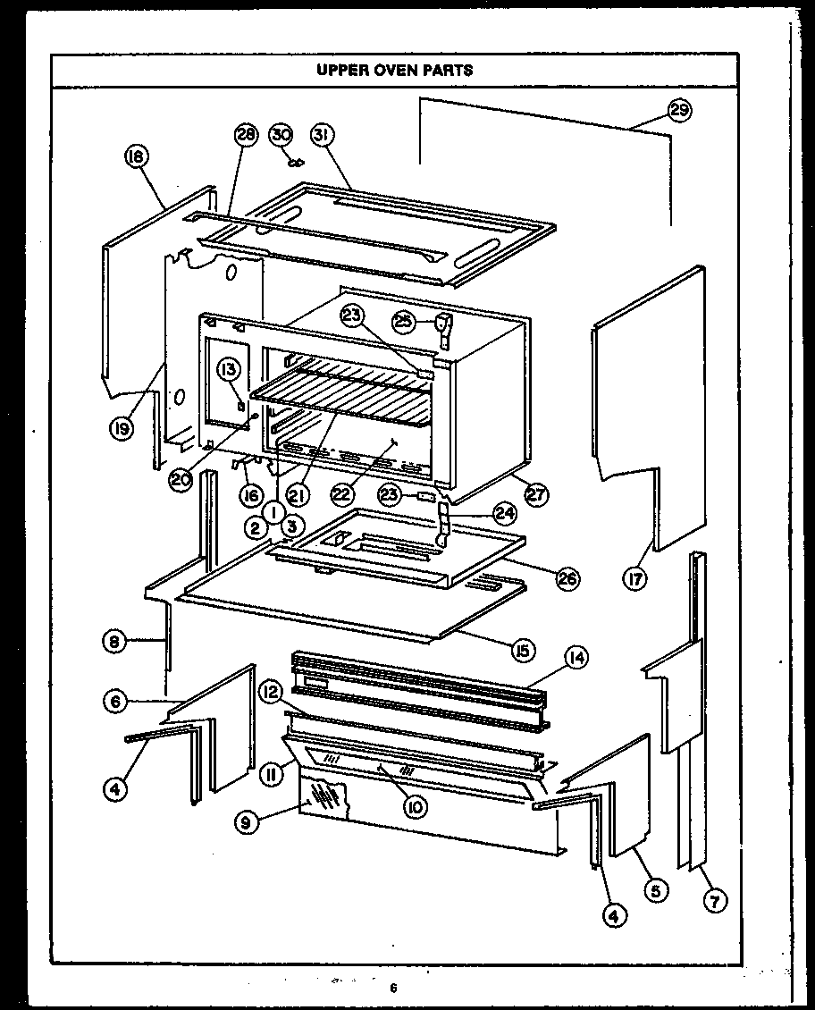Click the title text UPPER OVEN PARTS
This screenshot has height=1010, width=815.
click(395, 70)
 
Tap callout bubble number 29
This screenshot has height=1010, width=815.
click(682, 111)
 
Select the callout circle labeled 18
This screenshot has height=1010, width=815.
click(136, 158)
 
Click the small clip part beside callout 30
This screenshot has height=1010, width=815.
click(297, 161)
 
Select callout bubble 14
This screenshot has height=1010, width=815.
click(576, 659)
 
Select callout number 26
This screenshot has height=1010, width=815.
click(567, 578)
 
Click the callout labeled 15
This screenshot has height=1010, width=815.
click(522, 650)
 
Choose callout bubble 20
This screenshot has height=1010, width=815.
click(181, 478)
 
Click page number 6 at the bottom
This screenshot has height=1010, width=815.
click(392, 988)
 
